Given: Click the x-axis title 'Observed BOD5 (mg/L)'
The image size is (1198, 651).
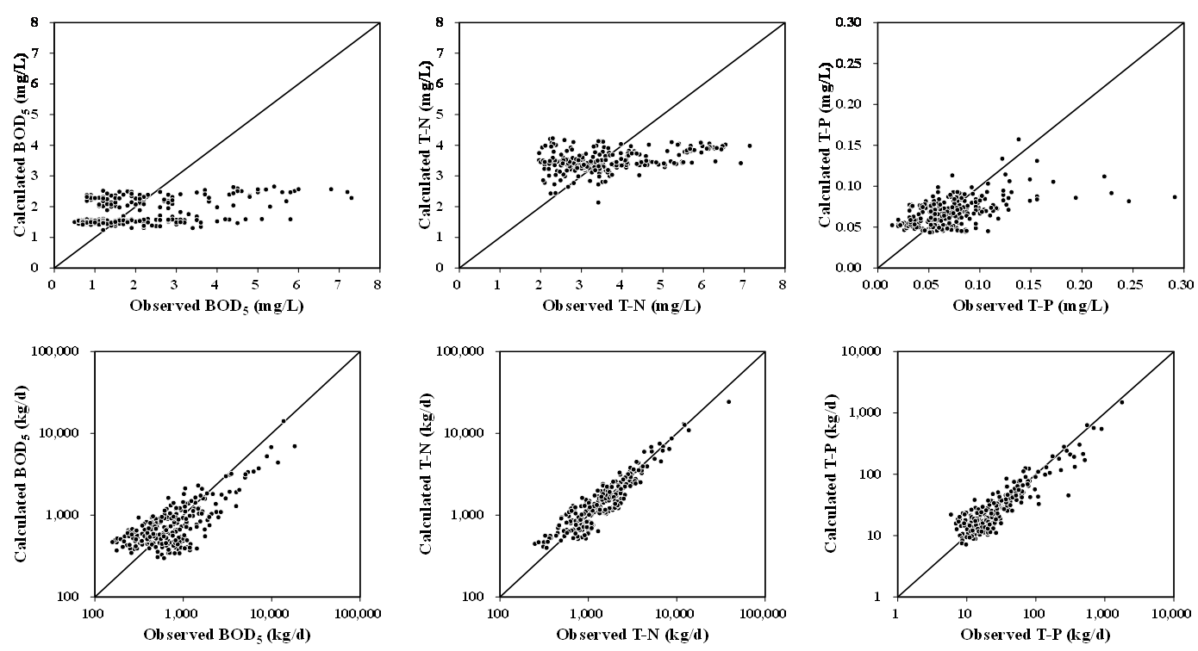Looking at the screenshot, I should coord(216,307).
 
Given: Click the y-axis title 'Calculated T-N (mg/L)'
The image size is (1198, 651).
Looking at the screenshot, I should coord(424,146).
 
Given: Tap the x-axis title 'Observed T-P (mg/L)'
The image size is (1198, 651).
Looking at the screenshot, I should coord(1029,307).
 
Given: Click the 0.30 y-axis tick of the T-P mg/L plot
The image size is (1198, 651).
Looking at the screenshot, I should coord(852,22).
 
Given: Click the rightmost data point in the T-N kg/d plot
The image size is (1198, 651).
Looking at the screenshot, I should coord(728,401).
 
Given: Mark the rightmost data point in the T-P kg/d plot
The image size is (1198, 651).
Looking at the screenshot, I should coord(1121,402).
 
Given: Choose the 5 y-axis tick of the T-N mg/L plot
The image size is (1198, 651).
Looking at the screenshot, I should coord(446,115).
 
